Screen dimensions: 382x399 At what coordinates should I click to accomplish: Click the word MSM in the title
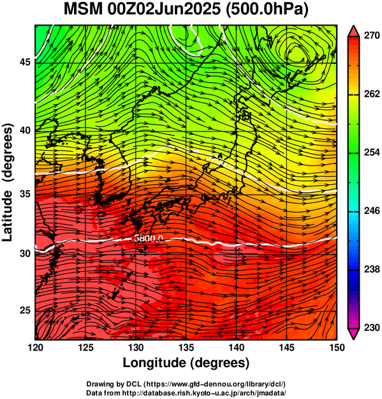coord(83,10)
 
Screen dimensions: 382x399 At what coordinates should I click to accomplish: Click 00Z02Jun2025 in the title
coord(164,10)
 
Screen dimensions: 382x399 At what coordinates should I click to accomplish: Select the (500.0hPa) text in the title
coord(267,10)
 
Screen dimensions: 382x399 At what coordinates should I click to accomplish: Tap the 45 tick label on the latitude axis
coord(25,62)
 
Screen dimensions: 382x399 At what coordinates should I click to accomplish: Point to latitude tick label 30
coord(25,253)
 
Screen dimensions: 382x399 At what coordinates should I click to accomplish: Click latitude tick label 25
coord(25,311)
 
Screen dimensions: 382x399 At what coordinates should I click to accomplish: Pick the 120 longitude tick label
coord(35,347)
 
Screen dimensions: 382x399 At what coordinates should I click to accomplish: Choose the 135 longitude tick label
coord(186,347)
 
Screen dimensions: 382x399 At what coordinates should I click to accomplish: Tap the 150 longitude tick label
coord(337,347)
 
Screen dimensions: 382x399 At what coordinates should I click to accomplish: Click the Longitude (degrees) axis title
coord(186,363)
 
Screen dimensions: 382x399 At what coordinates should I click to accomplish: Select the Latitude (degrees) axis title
coord(8,182)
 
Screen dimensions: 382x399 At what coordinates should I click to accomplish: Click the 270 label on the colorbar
coord(372,36)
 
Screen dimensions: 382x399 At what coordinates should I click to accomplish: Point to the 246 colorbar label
coord(372,211)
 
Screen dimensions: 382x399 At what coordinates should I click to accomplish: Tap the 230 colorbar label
coord(372,327)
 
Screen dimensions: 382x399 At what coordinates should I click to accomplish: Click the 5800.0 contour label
coord(149,238)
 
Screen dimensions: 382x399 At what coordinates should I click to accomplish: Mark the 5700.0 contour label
coord(220,162)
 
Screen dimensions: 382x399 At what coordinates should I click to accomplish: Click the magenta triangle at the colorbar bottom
coord(353,334)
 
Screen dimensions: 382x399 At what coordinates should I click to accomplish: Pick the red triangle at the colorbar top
coord(353,31)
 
